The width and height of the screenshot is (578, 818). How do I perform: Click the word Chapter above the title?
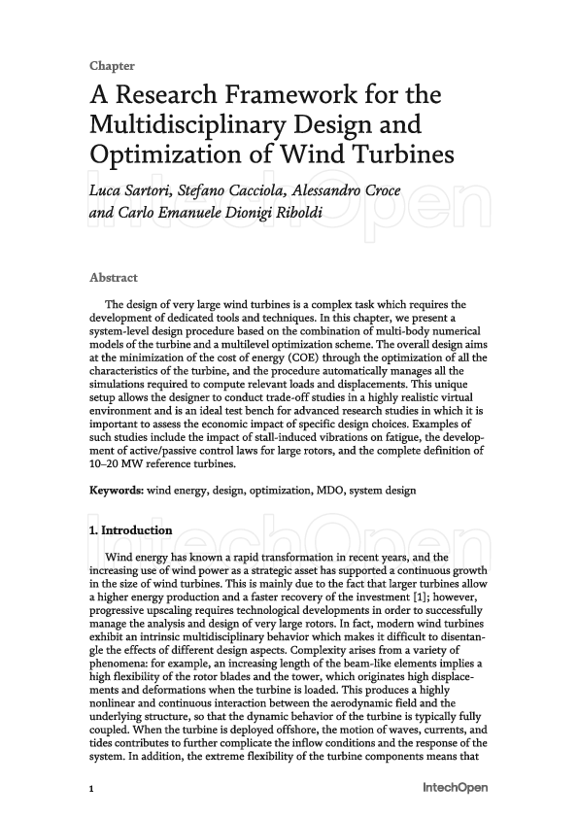click(112, 66)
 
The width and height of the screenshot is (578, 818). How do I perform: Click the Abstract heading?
click(114, 278)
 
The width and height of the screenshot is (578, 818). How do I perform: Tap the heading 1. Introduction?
click(131, 531)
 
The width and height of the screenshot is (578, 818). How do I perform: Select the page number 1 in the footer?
click(91, 789)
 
